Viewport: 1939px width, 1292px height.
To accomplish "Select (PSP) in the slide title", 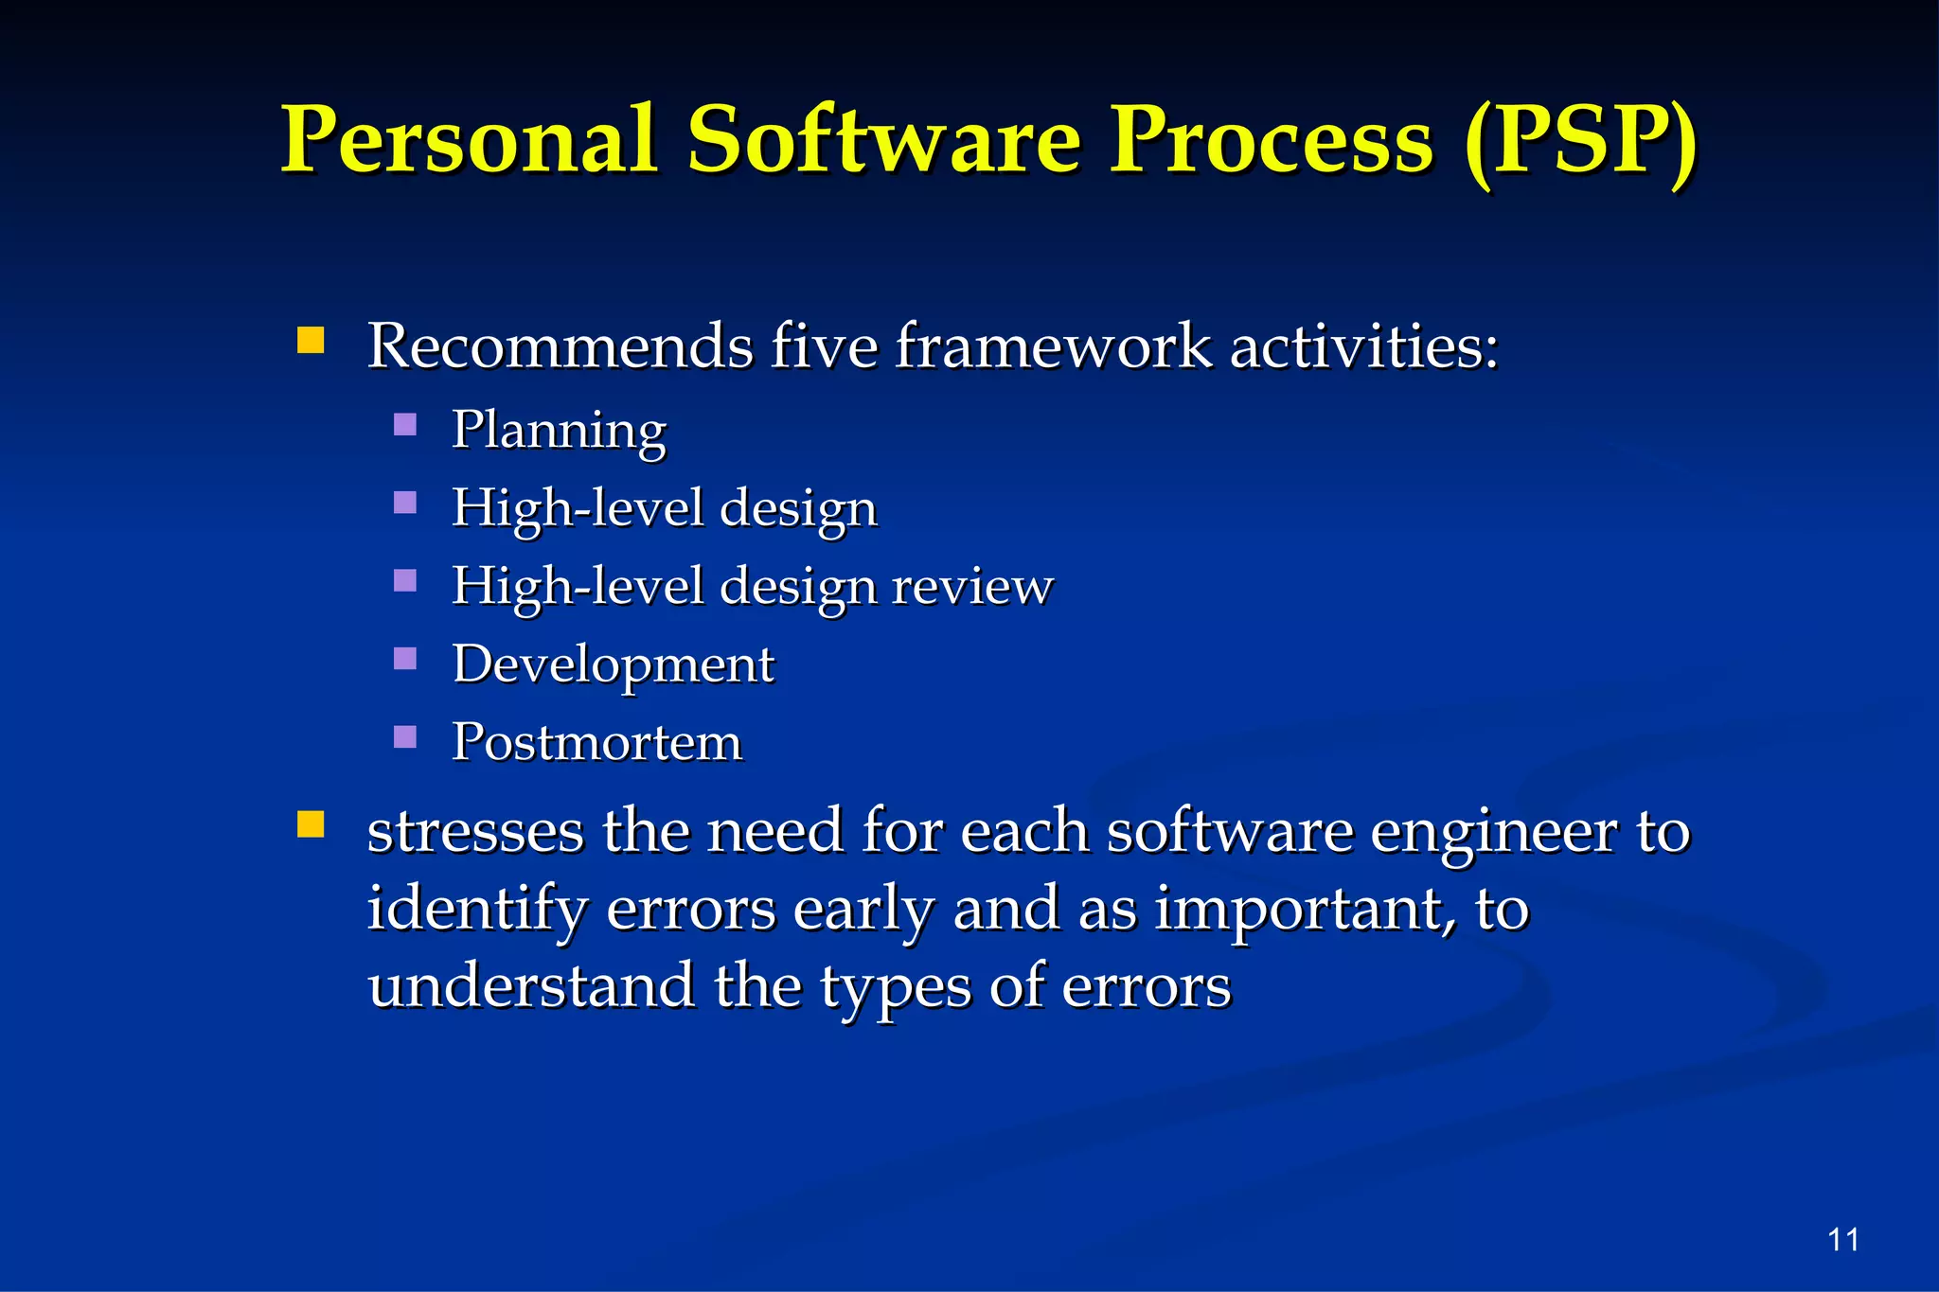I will (x=1580, y=142).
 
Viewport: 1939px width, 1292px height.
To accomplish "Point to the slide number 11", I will (x=1842, y=1239).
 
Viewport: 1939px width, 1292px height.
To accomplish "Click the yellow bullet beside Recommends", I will (x=311, y=340).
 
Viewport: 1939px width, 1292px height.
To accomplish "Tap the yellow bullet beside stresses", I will (x=311, y=824).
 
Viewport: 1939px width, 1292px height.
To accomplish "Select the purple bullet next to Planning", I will (x=405, y=424).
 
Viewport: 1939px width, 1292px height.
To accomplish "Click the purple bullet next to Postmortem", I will (x=405, y=736).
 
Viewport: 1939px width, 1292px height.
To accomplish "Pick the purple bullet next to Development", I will (x=405, y=658).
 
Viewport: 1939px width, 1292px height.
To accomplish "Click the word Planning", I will (x=559, y=432).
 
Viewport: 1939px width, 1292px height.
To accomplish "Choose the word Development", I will (x=614, y=664).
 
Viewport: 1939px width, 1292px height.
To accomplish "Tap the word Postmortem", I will (x=596, y=742).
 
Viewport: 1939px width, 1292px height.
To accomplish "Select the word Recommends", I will (x=560, y=346).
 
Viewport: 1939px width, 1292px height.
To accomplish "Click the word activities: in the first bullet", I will (x=1363, y=346).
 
